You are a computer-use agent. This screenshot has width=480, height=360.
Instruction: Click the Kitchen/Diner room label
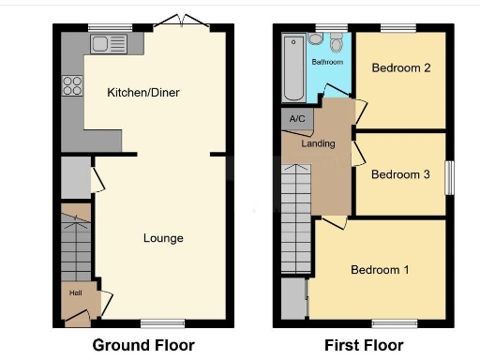point(142,93)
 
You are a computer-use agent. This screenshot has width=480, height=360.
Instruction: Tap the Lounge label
point(163,238)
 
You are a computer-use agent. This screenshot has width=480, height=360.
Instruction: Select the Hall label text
point(75,292)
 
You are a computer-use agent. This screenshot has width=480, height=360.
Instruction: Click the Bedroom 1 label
point(380,270)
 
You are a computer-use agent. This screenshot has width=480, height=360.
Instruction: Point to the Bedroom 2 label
point(400,68)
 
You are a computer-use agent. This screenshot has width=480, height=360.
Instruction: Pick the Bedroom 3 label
point(400,174)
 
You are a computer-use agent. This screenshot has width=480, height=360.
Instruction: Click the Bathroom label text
point(327,62)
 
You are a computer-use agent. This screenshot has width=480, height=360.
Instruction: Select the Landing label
point(318,143)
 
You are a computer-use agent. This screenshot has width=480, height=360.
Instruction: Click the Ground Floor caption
point(143,345)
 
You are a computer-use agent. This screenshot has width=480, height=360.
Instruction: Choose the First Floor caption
point(364,345)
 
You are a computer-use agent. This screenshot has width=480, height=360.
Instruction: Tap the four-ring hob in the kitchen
point(72,86)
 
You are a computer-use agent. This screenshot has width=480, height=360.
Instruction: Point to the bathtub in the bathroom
point(291,68)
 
